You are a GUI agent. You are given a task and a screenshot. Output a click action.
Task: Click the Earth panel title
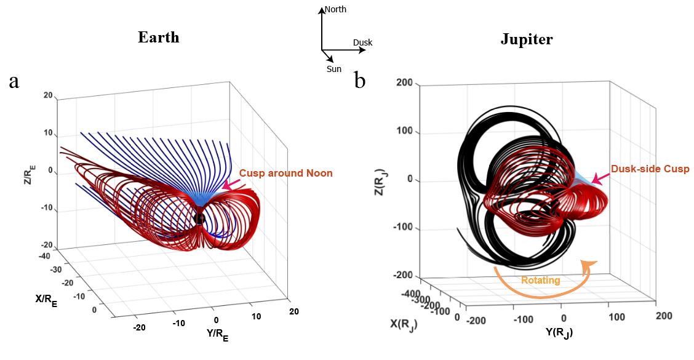[x=158, y=38]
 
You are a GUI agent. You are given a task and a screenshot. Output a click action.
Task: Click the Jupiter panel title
[x=527, y=40]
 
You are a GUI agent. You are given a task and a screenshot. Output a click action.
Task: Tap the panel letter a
[x=14, y=81]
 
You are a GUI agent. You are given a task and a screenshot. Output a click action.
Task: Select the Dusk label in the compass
[x=362, y=42]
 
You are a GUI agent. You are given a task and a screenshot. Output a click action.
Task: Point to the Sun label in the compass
[x=334, y=69]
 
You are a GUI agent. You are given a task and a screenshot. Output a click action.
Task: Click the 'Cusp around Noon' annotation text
[x=285, y=174]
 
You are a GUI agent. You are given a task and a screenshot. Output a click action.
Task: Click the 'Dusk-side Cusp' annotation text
[x=650, y=169]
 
